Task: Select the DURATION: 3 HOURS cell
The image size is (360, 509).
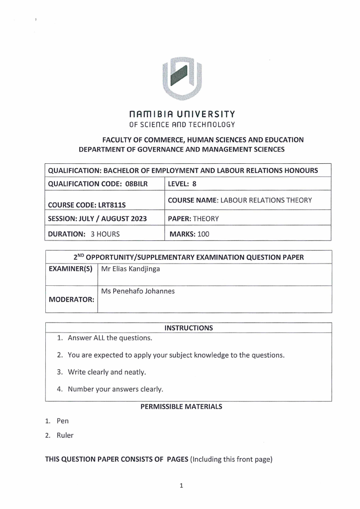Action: [x=84, y=235]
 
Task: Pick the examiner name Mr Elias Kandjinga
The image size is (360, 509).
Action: [x=131, y=269]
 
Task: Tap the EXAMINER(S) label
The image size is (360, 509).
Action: [x=71, y=269]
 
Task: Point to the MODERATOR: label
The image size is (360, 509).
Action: [x=71, y=300]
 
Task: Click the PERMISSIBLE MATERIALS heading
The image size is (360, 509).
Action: [x=181, y=406]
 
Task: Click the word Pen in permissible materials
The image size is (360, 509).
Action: [x=63, y=421]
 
